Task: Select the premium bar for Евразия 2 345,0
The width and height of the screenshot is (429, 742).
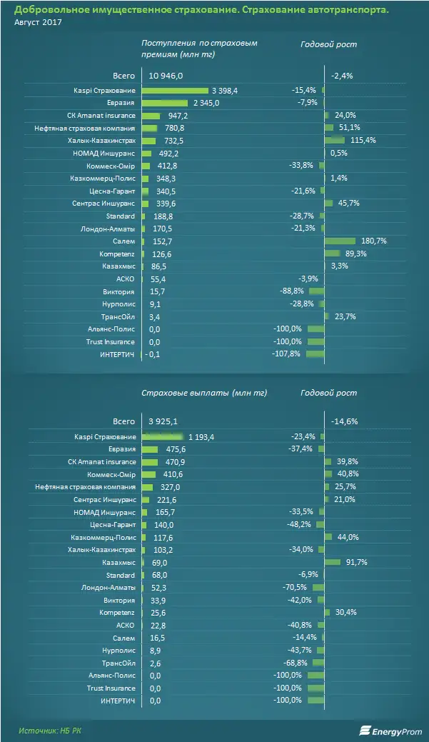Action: pos(164,103)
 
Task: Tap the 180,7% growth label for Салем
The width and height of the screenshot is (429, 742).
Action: pos(372,241)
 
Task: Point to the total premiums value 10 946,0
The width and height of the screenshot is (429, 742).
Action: pos(166,75)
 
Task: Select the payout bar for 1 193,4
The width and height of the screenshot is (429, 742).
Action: pos(163,436)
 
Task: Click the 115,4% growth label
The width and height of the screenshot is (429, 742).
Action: pos(362,141)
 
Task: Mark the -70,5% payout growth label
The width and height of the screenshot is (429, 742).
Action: pos(297,588)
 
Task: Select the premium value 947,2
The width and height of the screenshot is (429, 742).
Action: pos(175,116)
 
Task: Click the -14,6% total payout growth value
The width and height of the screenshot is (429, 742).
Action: pos(343,422)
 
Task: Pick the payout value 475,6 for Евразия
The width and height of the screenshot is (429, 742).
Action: pos(173,449)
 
